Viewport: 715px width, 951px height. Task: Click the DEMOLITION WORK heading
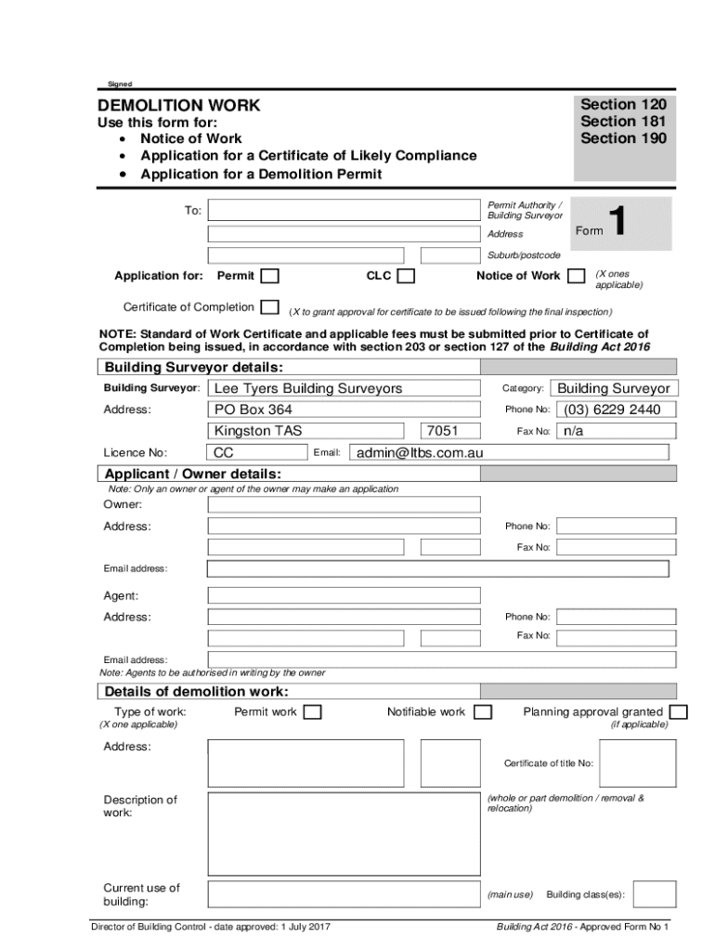(x=180, y=106)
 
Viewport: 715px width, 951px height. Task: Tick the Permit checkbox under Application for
(x=269, y=276)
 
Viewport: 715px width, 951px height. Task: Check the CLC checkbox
(x=406, y=276)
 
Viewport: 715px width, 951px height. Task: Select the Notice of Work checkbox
(x=576, y=275)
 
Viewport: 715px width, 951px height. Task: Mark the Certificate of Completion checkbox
(x=269, y=307)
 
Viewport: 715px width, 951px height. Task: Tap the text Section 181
(x=623, y=122)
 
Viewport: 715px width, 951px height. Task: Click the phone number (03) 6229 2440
(x=615, y=410)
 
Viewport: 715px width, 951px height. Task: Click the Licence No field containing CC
(x=257, y=452)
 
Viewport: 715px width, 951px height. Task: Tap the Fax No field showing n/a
(x=615, y=431)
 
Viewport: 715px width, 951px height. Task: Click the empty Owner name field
(x=344, y=504)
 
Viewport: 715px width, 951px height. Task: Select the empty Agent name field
(x=344, y=595)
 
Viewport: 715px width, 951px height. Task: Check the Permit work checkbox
(x=313, y=712)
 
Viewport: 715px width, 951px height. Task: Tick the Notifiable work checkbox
(x=482, y=712)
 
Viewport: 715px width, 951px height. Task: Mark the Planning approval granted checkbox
(x=678, y=712)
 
